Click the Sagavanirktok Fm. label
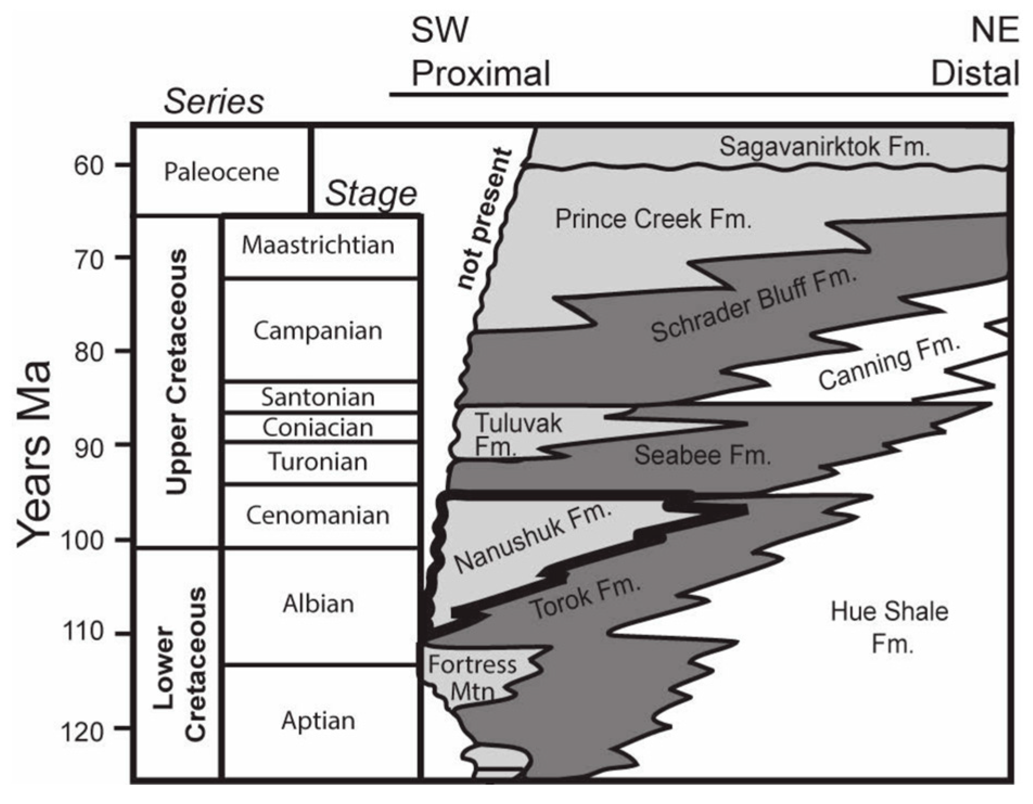tap(824, 147)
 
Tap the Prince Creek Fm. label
tap(653, 220)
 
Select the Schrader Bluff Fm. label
tap(754, 306)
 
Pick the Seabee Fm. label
tap(702, 455)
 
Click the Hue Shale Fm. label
tap(889, 628)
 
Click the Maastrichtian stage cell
tap(318, 246)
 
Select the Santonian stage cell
tap(318, 397)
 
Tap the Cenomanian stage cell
tap(318, 516)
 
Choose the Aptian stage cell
tap(318, 721)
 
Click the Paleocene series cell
tap(221, 172)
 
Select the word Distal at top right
tap(974, 73)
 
